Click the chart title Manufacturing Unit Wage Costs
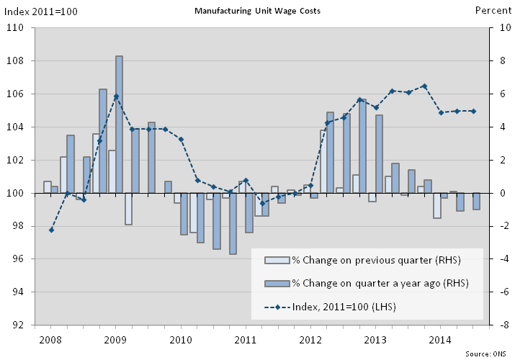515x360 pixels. coord(258,11)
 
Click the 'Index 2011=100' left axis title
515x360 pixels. coord(42,11)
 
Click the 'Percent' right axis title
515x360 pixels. coord(493,11)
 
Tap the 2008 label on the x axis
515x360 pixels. coord(50,338)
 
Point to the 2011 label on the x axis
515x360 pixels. coord(246,338)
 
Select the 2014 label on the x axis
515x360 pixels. coord(441,338)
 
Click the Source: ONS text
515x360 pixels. coord(487,354)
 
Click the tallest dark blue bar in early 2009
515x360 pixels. coord(119,122)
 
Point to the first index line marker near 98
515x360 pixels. coord(51,230)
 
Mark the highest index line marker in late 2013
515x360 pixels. coord(424,86)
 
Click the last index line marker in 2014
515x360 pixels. coord(473,111)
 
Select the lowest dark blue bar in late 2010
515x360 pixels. coord(233,223)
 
